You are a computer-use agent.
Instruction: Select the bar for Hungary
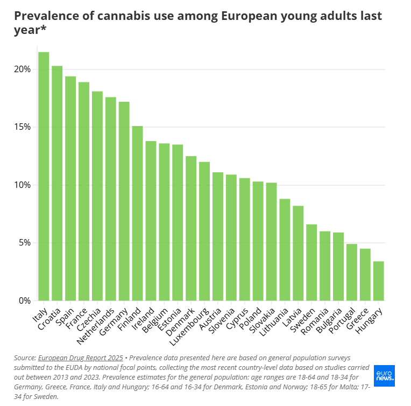[x=378, y=281]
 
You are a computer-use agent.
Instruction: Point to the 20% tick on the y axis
[x=22, y=69]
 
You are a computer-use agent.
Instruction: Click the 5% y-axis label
[x=24, y=243]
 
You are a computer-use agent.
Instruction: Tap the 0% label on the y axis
[x=24, y=300]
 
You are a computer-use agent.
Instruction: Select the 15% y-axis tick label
[x=22, y=127]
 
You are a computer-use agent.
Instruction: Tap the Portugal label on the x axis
[x=344, y=321]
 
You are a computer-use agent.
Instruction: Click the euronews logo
[x=384, y=375]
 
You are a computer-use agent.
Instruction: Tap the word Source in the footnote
[x=25, y=358]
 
